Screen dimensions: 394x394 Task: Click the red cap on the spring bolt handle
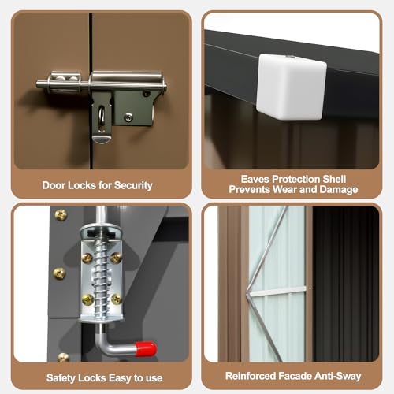point(146,348)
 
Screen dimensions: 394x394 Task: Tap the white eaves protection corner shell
point(292,87)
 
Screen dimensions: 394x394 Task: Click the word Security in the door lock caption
point(133,185)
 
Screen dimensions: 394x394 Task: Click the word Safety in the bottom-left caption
point(61,378)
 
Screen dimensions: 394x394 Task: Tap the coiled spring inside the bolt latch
point(101,277)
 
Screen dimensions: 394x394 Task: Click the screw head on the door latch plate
point(128,117)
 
